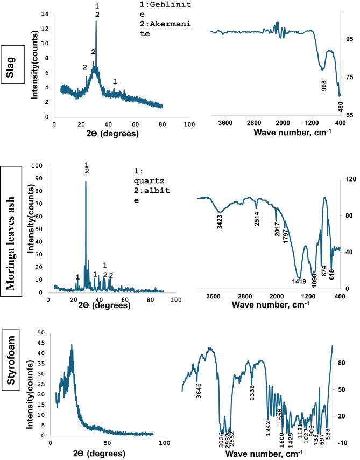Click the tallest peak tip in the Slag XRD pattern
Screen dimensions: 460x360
tap(96, 22)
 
